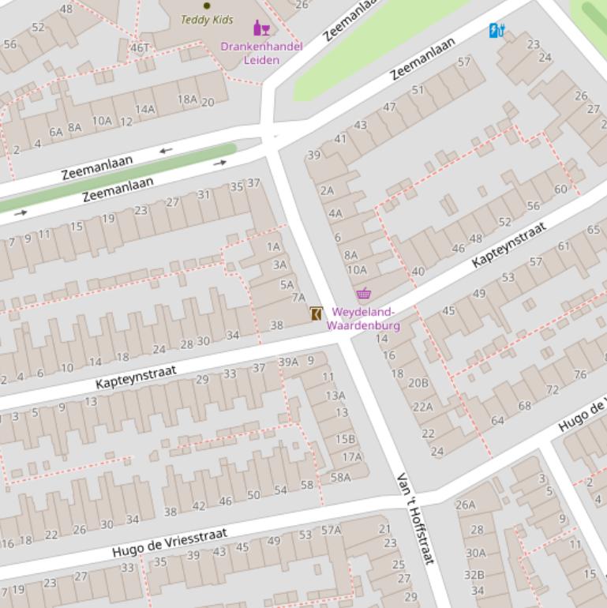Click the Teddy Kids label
[207, 20]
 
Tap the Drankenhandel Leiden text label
[261, 53]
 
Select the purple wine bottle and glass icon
[261, 28]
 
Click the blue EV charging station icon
[496, 31]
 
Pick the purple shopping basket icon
[363, 295]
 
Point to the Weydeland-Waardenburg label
[363, 319]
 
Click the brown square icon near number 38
[317, 313]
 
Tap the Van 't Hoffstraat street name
[416, 519]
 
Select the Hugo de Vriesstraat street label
[170, 542]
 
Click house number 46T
[140, 47]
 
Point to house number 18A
[187, 99]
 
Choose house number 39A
[288, 362]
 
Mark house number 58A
[340, 477]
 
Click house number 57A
[331, 530]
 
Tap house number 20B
[418, 383]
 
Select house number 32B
[474, 574]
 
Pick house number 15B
[345, 439]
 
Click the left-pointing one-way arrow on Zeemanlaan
[166, 150]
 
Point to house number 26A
[466, 505]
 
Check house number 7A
[298, 298]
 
